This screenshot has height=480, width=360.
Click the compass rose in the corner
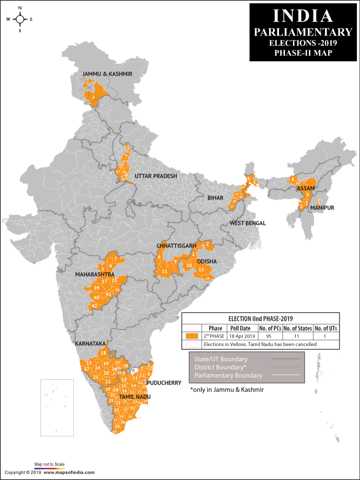(20, 19)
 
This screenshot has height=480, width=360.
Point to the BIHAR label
(215, 198)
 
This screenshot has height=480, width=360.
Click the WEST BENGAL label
(247, 223)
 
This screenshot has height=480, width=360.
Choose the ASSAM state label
(305, 188)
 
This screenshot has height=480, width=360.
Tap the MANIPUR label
(322, 208)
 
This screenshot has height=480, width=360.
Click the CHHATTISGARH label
(176, 246)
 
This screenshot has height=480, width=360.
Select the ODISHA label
(207, 261)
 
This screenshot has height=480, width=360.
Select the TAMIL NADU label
(135, 397)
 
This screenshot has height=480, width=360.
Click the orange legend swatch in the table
(192, 336)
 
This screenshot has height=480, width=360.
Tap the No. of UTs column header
(326, 328)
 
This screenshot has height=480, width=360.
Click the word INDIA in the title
(303, 16)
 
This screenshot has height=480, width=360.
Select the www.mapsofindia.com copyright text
(69, 472)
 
